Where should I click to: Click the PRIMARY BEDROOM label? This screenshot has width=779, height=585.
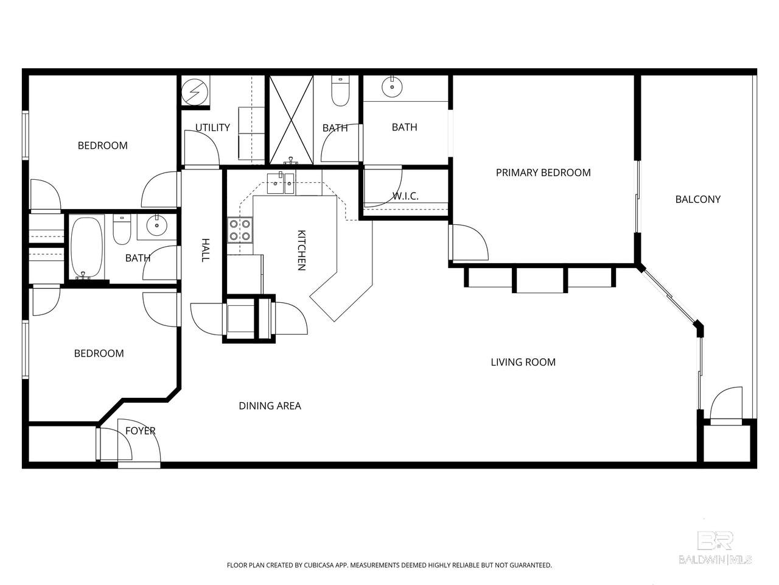coord(543,172)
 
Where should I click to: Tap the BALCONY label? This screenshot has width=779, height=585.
coord(697,199)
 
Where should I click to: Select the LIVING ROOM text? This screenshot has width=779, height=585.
coord(523,363)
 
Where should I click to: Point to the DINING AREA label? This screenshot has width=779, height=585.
coord(270,406)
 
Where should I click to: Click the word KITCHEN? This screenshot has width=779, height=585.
coord(301,250)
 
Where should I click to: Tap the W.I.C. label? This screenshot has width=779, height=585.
coord(405,196)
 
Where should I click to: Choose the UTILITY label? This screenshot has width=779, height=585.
coord(212,127)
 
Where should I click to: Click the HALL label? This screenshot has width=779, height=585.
coord(205,250)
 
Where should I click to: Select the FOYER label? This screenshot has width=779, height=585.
coord(140,431)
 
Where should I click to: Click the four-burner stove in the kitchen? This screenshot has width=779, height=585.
coord(240,230)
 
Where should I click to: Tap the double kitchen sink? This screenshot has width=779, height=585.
coord(281,183)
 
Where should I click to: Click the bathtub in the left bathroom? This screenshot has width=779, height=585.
coord(86,247)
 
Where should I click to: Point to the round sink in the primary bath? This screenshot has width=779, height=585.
coord(392,87)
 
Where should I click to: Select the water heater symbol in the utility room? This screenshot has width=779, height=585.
coord(194,92)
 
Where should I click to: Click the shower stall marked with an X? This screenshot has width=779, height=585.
coord(291,120)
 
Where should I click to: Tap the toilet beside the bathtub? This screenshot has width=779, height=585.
coord(122,230)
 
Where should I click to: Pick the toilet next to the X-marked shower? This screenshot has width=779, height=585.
coord(340,91)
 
